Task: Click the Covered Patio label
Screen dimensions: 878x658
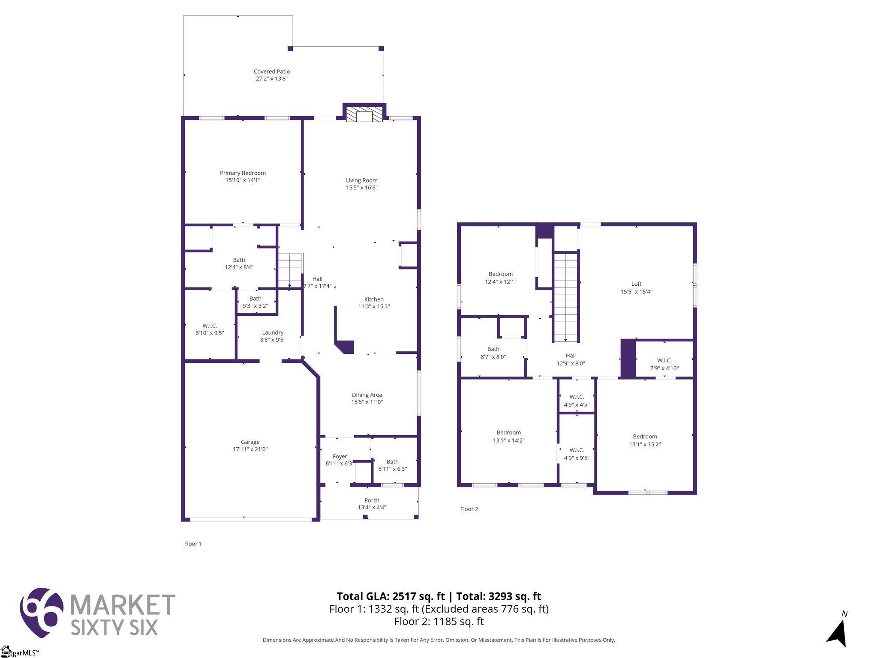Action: click(272, 72)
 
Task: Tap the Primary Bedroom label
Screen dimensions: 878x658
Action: click(243, 173)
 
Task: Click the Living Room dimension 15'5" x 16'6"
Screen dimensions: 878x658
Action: click(362, 188)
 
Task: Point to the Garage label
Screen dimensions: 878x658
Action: click(250, 442)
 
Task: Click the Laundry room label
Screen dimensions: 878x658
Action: click(273, 332)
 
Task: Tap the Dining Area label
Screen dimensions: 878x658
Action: click(367, 395)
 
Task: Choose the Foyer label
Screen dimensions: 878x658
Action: click(340, 457)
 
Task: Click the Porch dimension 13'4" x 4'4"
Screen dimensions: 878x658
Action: click(372, 508)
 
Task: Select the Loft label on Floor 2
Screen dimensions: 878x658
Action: click(636, 284)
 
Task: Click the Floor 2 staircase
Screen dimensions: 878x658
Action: click(565, 297)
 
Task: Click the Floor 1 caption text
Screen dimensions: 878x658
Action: click(193, 544)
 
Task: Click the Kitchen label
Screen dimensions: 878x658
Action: click(374, 299)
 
